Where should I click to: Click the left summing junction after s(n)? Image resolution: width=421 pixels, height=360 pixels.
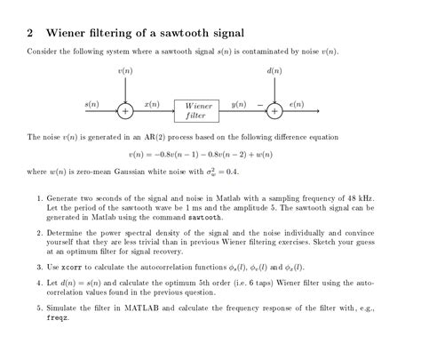coord(125,111)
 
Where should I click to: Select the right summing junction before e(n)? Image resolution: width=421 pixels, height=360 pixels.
coord(274,111)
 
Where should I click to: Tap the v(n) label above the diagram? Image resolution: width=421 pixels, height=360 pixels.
coord(124,70)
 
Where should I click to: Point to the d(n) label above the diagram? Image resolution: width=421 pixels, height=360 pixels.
coord(274,70)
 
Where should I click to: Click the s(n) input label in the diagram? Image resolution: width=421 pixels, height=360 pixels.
coord(91,104)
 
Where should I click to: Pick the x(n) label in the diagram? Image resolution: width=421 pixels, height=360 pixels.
coord(151,104)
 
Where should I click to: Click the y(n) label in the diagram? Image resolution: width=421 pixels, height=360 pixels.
coord(238,104)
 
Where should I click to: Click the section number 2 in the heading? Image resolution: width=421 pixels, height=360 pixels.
coord(30,33)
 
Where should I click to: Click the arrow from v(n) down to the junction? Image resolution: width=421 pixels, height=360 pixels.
coord(125,89)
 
